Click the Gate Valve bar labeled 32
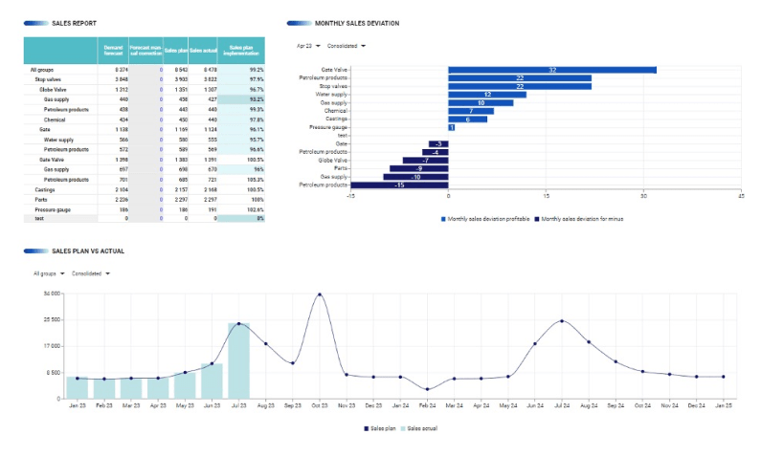pyautogui.click(x=551, y=70)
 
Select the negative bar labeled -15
pyautogui.click(x=399, y=185)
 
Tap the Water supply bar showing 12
pyautogui.click(x=487, y=95)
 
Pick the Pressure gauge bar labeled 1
pyautogui.click(x=451, y=127)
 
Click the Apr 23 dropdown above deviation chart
pyautogui.click(x=308, y=45)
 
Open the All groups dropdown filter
pyautogui.click(x=49, y=272)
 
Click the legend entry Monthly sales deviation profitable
pyautogui.click(x=486, y=219)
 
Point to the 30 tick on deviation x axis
pyautogui.click(x=643, y=195)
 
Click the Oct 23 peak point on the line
pyautogui.click(x=320, y=294)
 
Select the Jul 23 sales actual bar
pyautogui.click(x=238, y=360)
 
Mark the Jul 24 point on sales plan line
pyautogui.click(x=562, y=321)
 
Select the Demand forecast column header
pyautogui.click(x=113, y=51)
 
